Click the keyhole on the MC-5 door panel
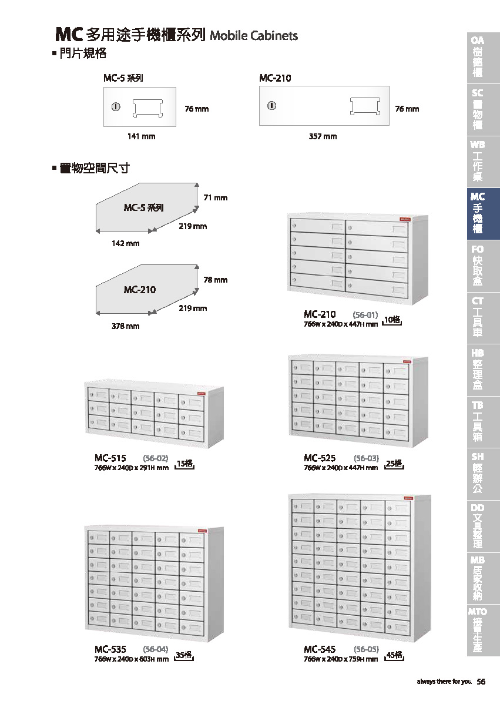(115, 107)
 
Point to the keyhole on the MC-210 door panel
(271, 106)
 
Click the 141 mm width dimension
(142, 136)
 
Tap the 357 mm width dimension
(323, 136)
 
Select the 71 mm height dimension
(215, 198)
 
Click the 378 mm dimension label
(126, 326)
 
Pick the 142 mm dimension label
(126, 243)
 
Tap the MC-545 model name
(320, 649)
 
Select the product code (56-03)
(366, 458)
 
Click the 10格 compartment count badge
(392, 320)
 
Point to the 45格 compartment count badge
(394, 655)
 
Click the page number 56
(481, 682)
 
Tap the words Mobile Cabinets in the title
(254, 36)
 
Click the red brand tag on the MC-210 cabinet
(403, 219)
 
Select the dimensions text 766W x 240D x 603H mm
(132, 659)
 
